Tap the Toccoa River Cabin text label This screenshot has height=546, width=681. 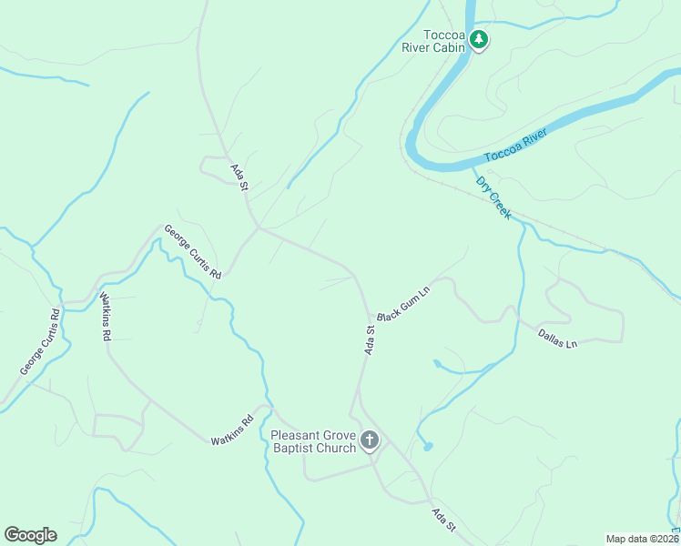coord(433,42)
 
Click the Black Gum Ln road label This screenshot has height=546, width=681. coord(401,300)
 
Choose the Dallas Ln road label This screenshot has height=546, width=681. coord(557,339)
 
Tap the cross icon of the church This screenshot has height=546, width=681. coord(370,441)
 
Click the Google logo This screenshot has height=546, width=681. coord(30,535)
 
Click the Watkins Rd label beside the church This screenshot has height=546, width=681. coord(231,430)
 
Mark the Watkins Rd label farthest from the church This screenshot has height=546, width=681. coord(106,317)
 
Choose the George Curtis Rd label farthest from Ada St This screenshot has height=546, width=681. coord(40,343)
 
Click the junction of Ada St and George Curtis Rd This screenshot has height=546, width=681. coord(259,227)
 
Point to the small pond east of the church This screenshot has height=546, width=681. coord(427,447)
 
